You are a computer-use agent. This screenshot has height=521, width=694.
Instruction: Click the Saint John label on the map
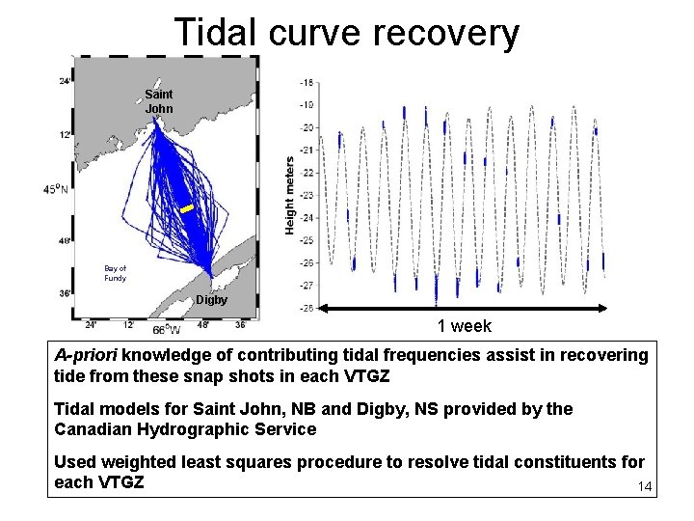tap(159, 101)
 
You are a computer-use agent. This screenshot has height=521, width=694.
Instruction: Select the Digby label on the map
tap(211, 300)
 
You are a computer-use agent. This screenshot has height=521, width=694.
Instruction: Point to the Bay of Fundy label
tap(115, 273)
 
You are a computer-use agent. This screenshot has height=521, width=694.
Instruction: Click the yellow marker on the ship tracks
tap(187, 208)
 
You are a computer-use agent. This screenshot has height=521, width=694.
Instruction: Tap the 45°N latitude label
tap(57, 189)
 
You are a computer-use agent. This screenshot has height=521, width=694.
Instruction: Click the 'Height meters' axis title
tap(289, 195)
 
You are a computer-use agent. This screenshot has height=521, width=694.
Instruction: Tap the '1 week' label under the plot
tap(464, 326)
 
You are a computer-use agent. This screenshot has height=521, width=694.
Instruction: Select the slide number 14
tap(645, 487)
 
